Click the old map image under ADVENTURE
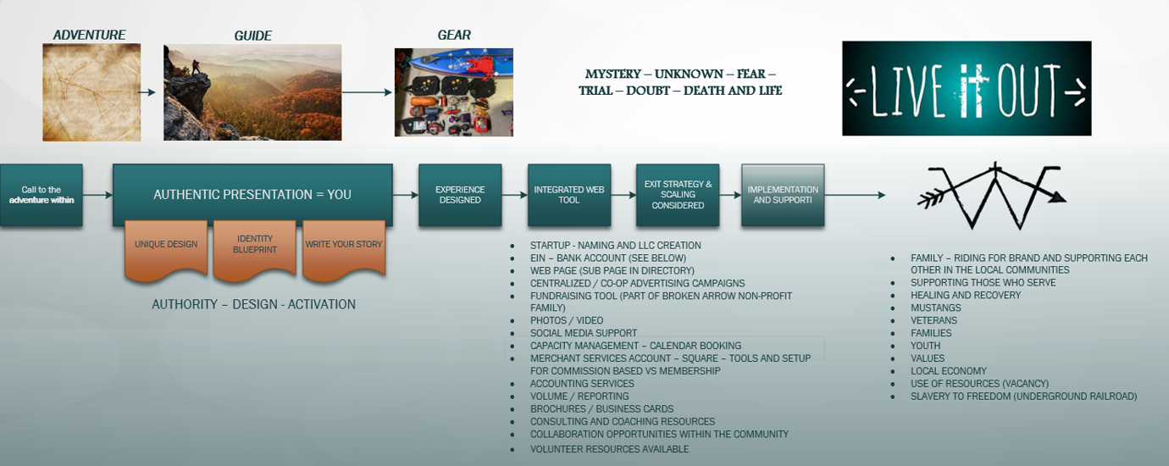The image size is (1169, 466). [91, 92]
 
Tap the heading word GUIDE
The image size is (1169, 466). [252, 36]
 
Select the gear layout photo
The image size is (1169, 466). [453, 92]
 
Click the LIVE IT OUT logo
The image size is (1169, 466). [967, 88]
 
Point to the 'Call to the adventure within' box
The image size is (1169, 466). [42, 195]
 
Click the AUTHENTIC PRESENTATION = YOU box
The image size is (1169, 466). [252, 195]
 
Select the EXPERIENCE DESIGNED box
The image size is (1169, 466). [459, 195]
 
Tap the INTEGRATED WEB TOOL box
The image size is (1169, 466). [569, 195]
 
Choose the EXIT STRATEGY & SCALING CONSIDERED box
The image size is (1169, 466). [678, 195]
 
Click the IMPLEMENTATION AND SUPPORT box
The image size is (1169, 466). [783, 195]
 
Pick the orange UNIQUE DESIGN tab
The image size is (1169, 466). [166, 245]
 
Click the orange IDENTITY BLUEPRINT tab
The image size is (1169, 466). [254, 245]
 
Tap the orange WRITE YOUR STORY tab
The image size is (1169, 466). [344, 245]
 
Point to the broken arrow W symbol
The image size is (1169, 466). [991, 196]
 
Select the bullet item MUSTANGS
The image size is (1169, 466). [935, 308]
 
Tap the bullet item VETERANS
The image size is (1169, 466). [934, 320]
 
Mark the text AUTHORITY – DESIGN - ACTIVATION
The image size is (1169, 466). [253, 304]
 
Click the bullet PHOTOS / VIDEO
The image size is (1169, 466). [567, 320]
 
